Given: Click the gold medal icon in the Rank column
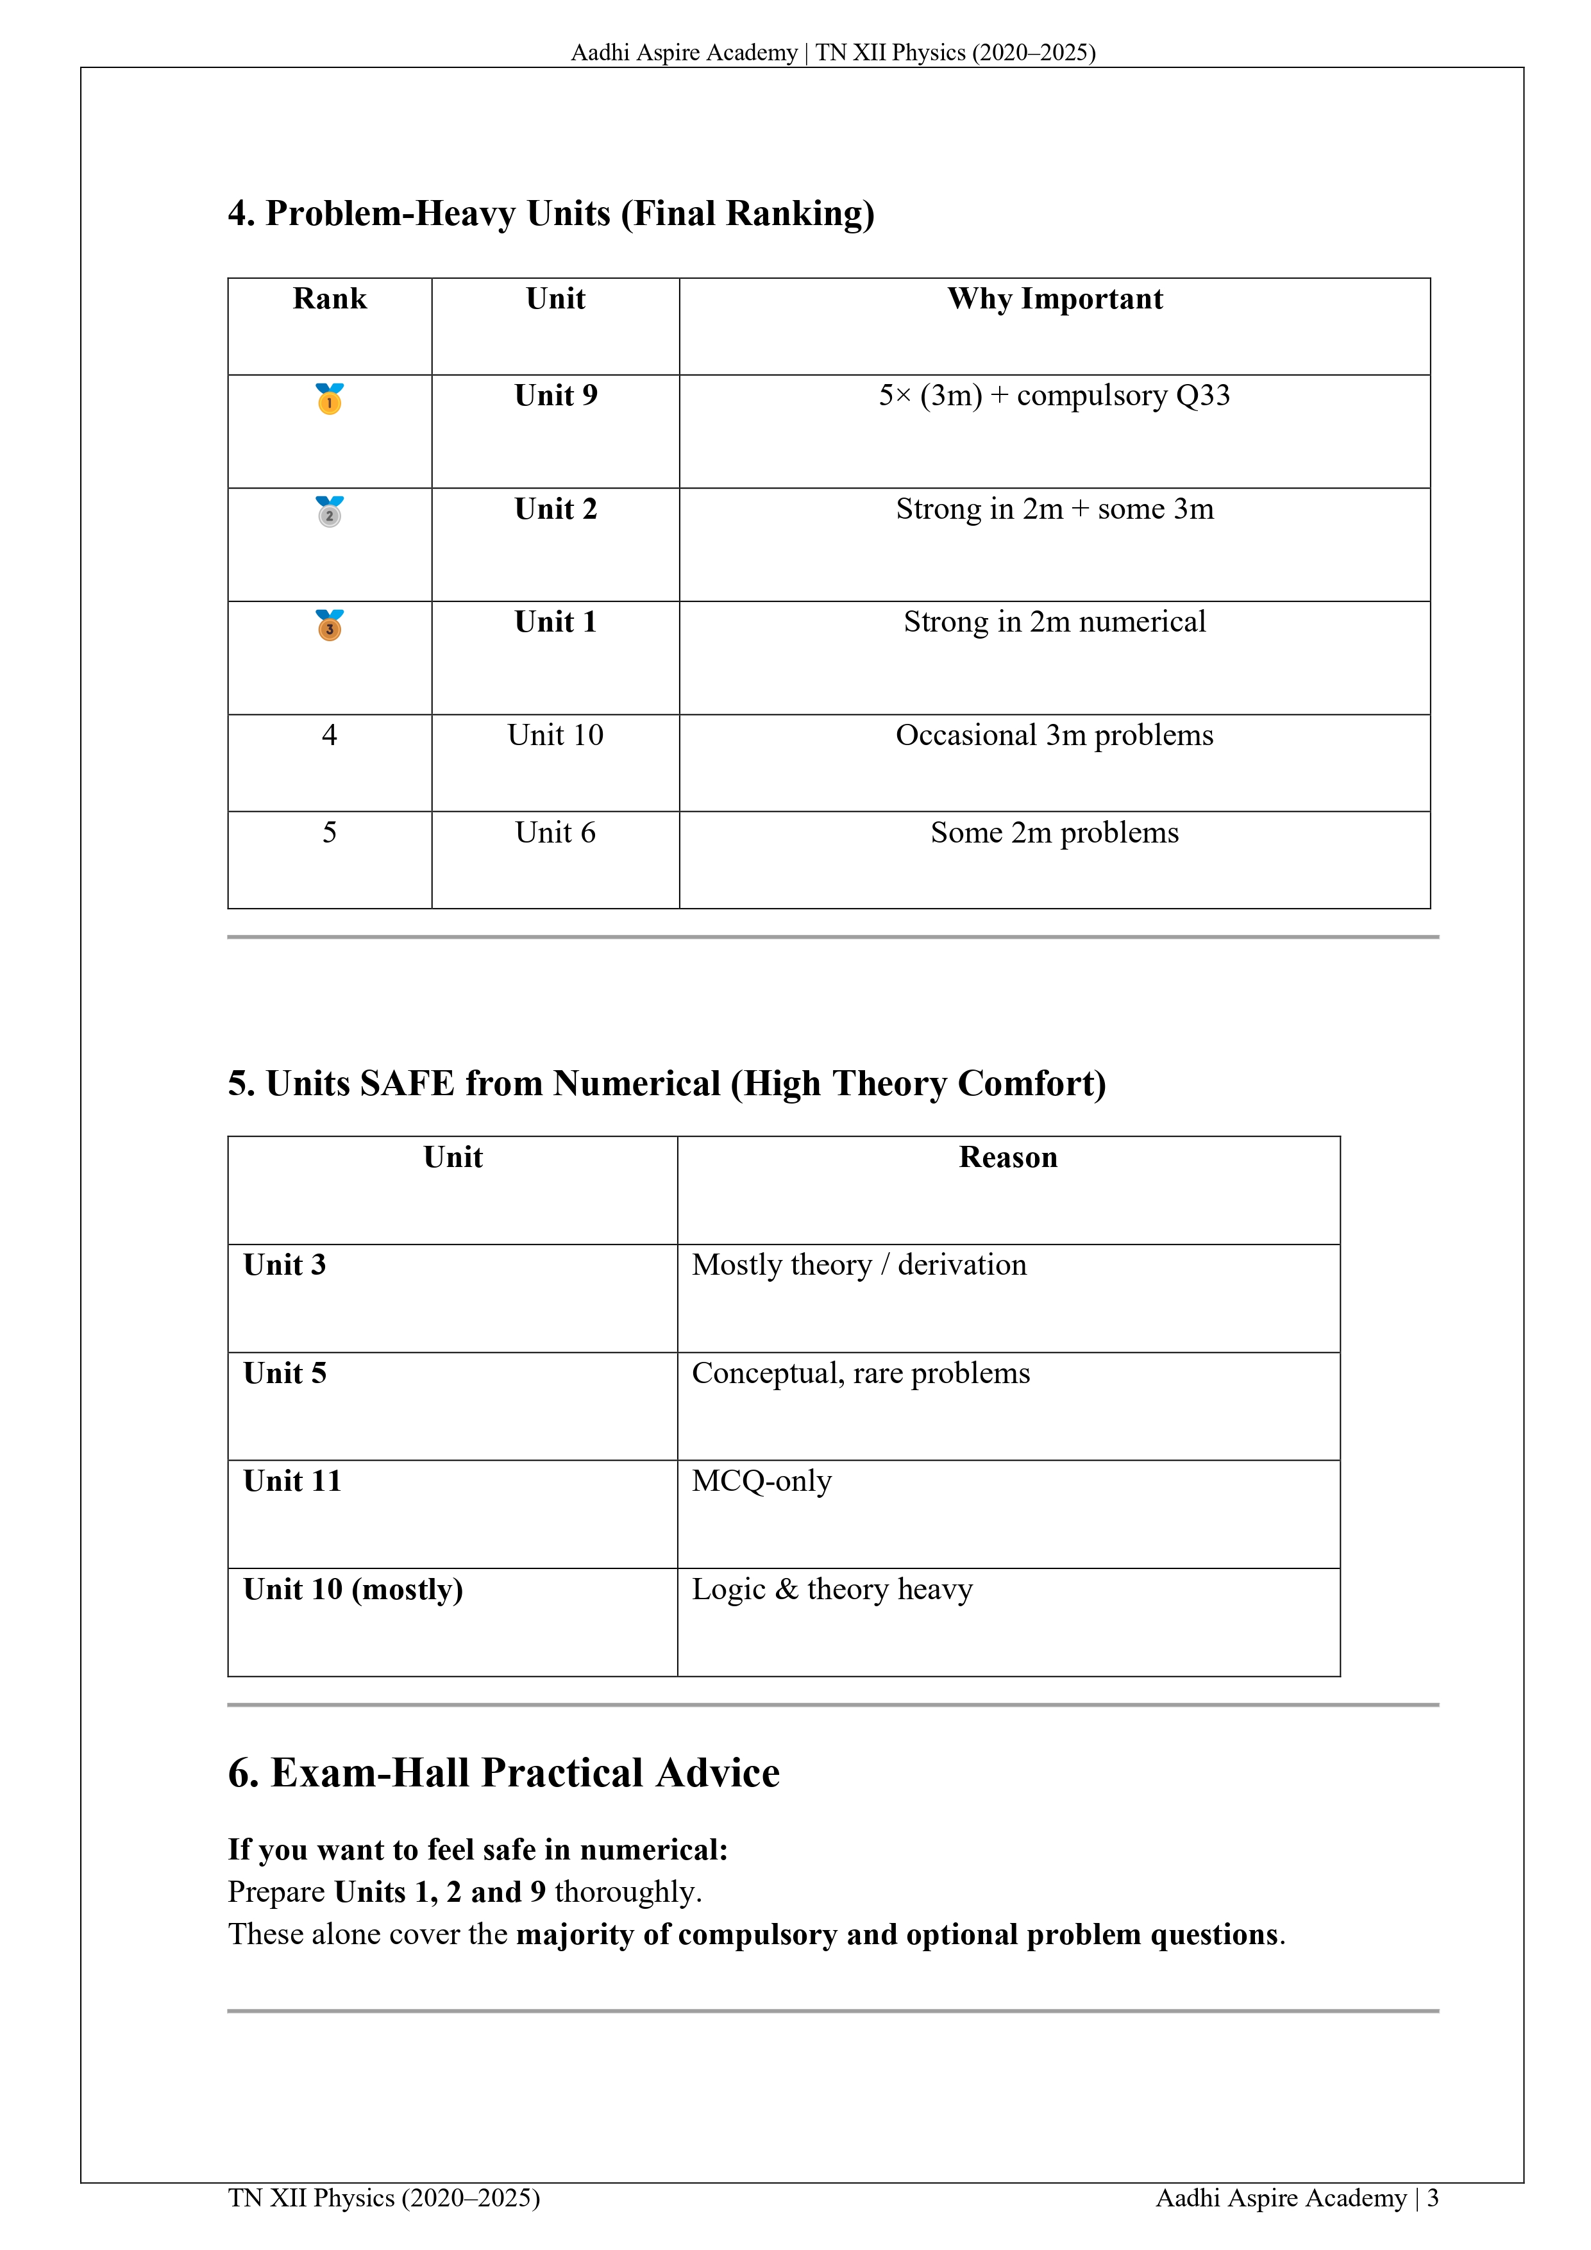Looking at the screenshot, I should click(x=330, y=399).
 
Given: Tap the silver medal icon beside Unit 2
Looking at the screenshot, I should click(x=330, y=512).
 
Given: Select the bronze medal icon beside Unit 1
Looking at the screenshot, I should click(x=330, y=625).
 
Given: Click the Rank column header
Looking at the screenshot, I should click(x=330, y=299).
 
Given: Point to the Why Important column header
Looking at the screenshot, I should click(x=1055, y=299).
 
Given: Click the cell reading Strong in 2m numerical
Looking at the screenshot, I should click(x=1055, y=622).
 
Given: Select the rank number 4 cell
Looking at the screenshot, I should click(x=330, y=735).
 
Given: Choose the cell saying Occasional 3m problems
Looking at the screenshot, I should click(x=1055, y=735).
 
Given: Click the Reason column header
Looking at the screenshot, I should click(x=1007, y=1157).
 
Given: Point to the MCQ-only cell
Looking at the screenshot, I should click(x=762, y=1481).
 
